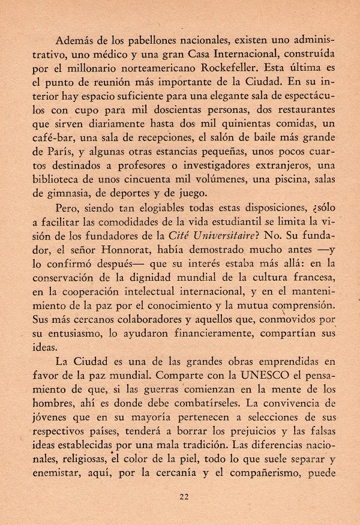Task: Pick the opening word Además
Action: coord(74,40)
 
